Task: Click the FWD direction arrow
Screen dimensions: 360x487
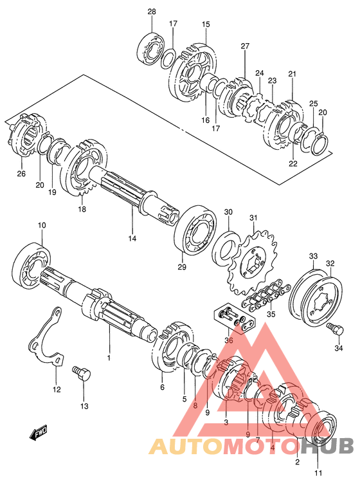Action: point(39,433)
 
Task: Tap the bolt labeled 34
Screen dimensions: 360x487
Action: point(335,329)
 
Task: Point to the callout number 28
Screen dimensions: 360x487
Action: point(152,12)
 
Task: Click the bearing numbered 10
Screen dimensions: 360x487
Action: point(32,264)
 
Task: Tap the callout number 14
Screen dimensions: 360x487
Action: point(132,239)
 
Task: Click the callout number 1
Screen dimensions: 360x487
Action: point(109,358)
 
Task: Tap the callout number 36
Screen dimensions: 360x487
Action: point(229,340)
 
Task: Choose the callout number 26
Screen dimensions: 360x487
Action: point(21,174)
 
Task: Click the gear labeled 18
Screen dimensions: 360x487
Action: point(84,168)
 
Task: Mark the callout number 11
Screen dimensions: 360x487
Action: point(318,473)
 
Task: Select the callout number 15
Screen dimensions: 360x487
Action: point(206,24)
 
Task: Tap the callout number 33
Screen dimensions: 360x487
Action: point(313,257)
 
